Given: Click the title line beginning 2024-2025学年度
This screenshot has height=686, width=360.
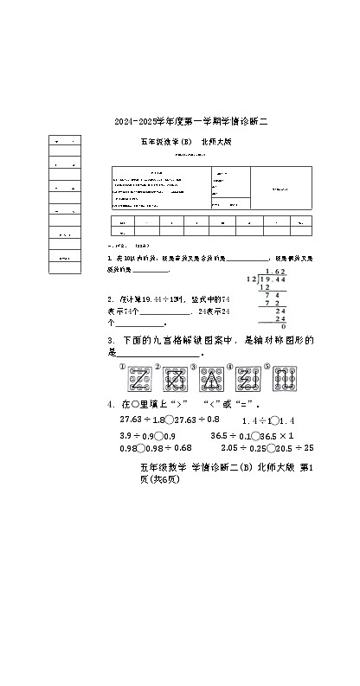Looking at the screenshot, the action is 191,124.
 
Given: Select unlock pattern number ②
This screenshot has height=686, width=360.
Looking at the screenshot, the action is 177,378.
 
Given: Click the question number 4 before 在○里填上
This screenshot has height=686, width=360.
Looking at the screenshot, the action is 110,404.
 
